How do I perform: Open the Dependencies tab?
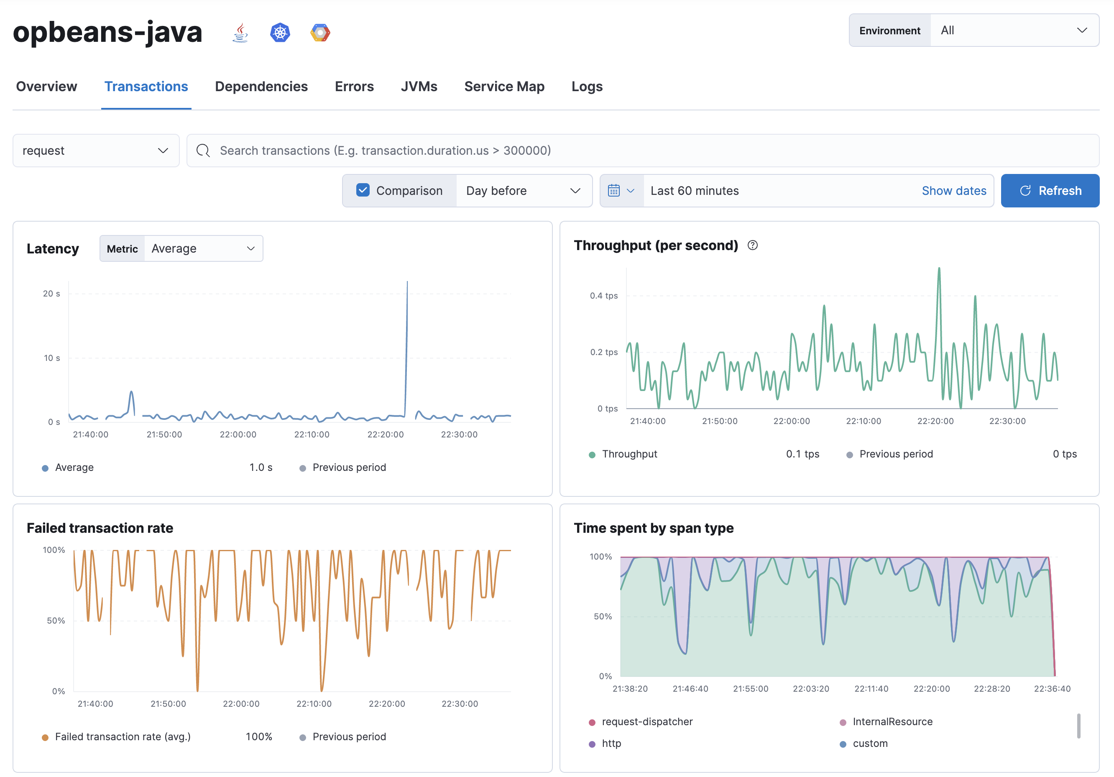point(261,87)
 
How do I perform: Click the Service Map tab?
point(504,87)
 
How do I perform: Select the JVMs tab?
point(419,87)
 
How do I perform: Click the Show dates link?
point(953,191)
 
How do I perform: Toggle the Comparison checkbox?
point(363,190)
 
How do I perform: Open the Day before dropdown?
point(523,191)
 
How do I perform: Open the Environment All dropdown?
point(1014,31)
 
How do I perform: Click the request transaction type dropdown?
point(96,151)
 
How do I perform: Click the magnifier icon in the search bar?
point(203,151)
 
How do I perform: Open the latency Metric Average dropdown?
point(203,248)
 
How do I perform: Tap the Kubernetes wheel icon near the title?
point(280,33)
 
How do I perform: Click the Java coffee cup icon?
point(240,33)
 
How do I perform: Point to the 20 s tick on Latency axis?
point(51,294)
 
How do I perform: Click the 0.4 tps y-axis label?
point(603,296)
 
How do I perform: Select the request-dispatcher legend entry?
point(647,722)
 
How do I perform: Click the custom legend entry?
point(870,744)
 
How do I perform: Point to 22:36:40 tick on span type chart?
point(1052,689)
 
